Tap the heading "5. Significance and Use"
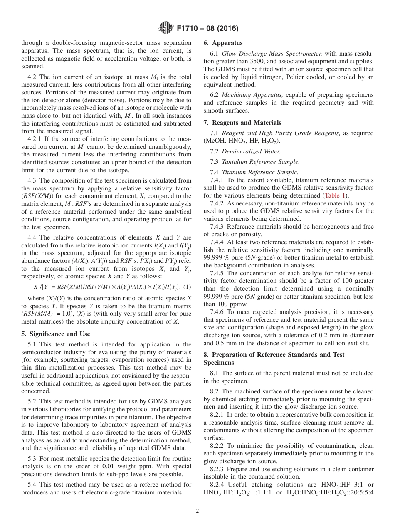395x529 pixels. [x=55, y=334]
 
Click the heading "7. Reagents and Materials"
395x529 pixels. [x=242, y=123]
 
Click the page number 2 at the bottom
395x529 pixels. [x=197, y=511]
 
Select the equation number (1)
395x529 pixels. [x=187, y=287]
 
